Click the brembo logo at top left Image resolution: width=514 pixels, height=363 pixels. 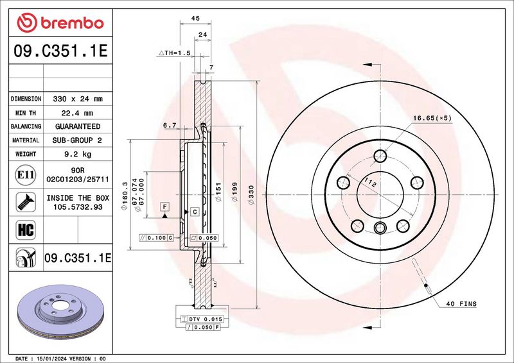tap(60, 22)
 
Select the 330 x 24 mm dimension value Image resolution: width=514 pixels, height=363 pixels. tap(78, 99)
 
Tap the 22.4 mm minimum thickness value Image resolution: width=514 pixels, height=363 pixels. tap(77, 114)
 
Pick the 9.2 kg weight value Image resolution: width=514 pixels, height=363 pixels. tap(78, 154)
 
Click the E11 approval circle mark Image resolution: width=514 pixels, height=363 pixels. tap(26, 175)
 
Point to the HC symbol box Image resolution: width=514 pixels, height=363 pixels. tap(26, 230)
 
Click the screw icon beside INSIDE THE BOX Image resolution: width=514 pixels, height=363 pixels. tap(26, 202)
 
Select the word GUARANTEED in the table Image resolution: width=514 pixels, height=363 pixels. tap(78, 126)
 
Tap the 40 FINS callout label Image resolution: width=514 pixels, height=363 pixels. tap(461, 304)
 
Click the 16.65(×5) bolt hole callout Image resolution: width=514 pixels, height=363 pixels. tap(432, 118)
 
